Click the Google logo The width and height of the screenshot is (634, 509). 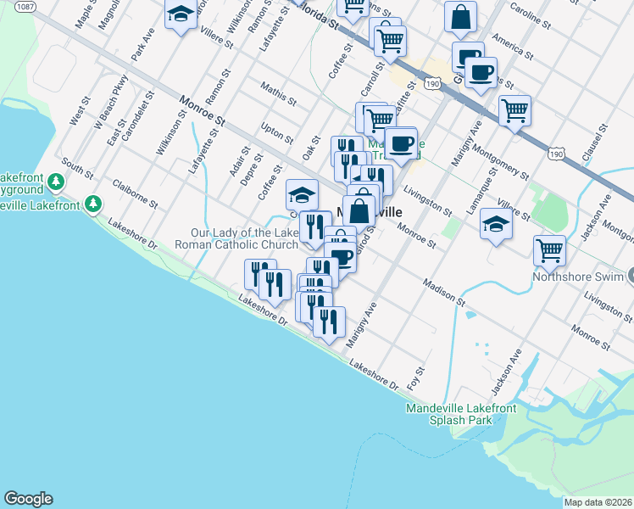pos(28,499)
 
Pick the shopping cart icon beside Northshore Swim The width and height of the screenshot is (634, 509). pos(550,249)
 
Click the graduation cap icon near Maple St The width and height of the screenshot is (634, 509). pos(181,15)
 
